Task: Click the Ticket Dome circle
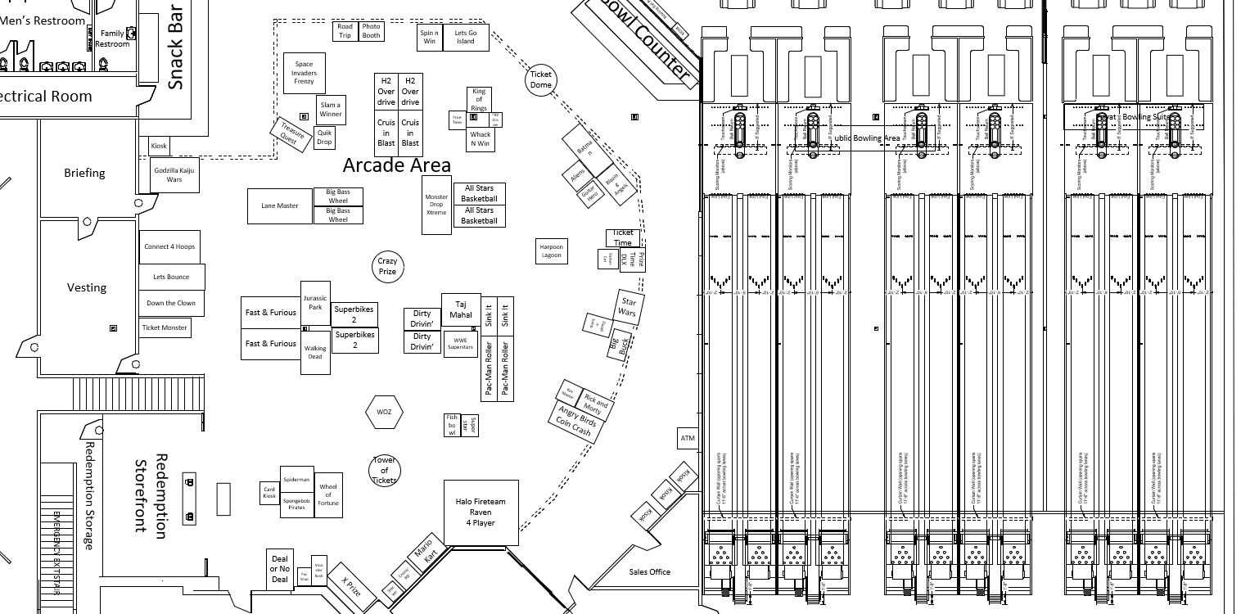[x=541, y=79]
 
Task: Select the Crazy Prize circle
[x=387, y=266]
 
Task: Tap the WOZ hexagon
[x=384, y=412]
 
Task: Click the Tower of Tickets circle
[x=385, y=470]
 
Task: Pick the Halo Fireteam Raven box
[x=481, y=512]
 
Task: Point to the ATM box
[x=688, y=439]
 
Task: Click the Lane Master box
[x=281, y=205]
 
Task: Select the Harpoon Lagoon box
[x=551, y=251]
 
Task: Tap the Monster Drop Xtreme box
[x=436, y=205]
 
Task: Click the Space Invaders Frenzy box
[x=304, y=73]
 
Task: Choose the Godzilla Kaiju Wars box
[x=174, y=175]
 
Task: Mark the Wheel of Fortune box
[x=328, y=490]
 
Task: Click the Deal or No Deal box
[x=280, y=569]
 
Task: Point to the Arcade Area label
[x=396, y=165]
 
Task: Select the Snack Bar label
[x=175, y=46]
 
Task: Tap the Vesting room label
[x=87, y=287]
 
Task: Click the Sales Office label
[x=649, y=571]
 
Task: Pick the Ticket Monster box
[x=165, y=327]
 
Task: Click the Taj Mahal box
[x=461, y=309]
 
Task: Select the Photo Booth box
[x=371, y=31]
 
